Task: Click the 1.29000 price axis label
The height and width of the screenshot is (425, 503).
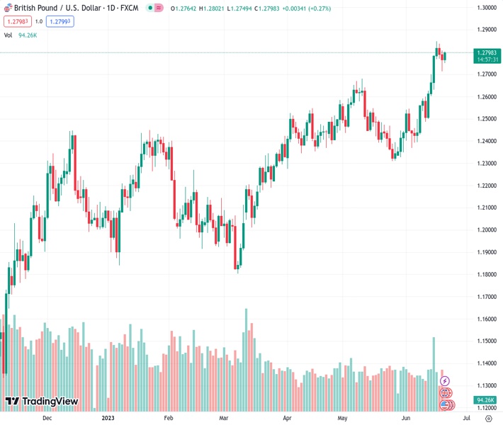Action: tap(485, 30)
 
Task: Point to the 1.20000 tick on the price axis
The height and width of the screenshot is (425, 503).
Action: tap(485, 229)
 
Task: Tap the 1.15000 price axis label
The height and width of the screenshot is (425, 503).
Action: tap(485, 341)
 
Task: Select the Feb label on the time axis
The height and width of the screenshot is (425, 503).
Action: tap(169, 418)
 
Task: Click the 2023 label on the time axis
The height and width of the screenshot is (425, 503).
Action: tap(108, 418)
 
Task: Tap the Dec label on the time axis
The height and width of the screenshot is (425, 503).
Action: tap(47, 418)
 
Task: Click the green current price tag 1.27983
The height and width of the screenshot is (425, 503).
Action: tap(487, 53)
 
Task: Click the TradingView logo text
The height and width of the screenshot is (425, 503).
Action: tap(50, 402)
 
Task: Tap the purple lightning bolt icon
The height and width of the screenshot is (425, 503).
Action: tap(445, 381)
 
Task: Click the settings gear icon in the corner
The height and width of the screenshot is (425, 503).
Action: tap(487, 418)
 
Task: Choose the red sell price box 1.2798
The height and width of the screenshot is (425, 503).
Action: tap(17, 21)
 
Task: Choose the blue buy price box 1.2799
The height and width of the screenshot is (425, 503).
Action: tap(60, 21)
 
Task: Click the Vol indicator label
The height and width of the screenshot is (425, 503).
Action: tap(8, 35)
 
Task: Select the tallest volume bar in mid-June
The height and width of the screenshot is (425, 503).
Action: tap(434, 373)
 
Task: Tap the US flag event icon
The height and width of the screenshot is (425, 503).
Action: tap(445, 404)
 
